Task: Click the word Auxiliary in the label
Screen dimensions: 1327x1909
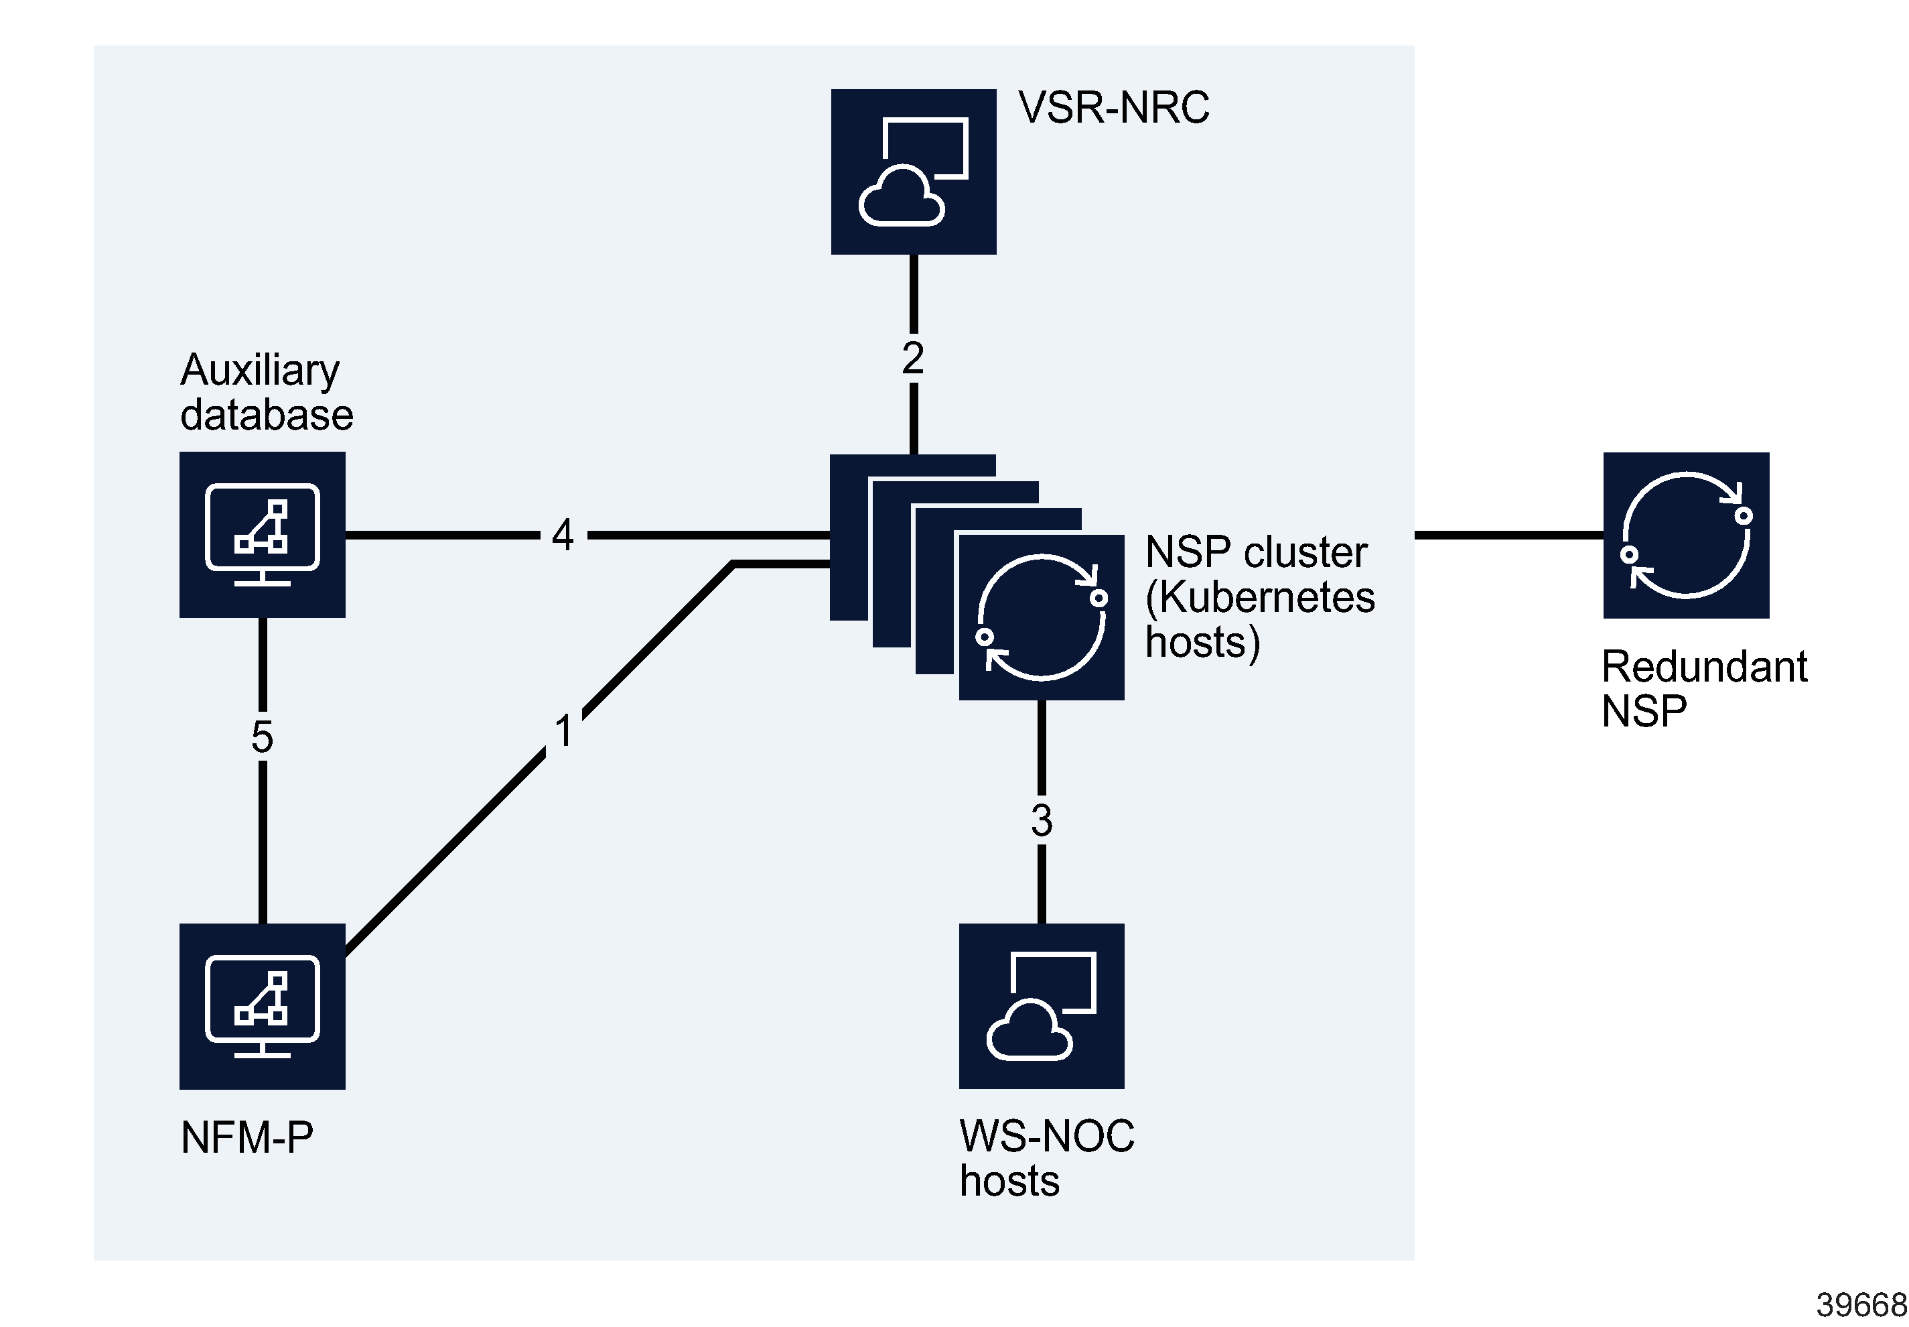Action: tap(259, 370)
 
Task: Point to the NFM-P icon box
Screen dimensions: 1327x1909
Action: tap(262, 1005)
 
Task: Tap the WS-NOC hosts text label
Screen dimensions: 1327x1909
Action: tap(1046, 1157)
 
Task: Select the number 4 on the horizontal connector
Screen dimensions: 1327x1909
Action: tap(563, 535)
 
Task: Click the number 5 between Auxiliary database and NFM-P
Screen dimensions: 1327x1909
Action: tap(262, 737)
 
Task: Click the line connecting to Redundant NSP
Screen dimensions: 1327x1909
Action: tap(1508, 535)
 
